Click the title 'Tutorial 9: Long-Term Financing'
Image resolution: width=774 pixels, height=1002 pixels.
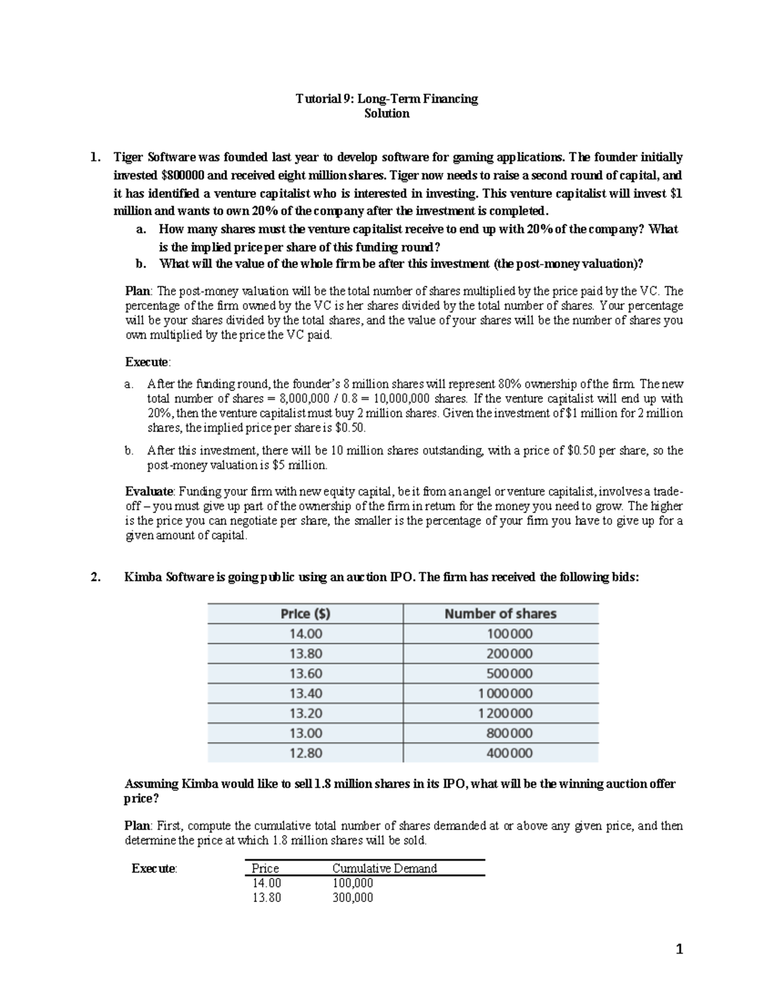point(386,99)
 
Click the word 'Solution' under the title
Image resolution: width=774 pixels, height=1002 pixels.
point(386,114)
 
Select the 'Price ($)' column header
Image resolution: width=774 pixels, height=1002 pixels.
point(305,614)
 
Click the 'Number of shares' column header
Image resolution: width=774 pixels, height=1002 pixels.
point(500,614)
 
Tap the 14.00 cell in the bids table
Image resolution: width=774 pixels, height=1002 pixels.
point(305,634)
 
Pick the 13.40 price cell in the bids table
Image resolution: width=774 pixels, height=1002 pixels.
point(305,693)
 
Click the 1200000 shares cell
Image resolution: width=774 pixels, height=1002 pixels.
point(505,713)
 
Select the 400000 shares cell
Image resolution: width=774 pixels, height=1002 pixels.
point(509,753)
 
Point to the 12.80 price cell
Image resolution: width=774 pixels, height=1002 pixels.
point(305,753)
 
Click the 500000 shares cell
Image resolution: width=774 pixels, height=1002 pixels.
point(509,674)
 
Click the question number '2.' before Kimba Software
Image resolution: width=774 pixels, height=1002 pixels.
point(95,577)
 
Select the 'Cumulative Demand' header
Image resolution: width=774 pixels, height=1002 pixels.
point(384,868)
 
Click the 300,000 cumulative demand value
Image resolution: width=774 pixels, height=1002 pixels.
point(352,897)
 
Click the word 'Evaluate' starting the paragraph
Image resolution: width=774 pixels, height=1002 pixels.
point(148,491)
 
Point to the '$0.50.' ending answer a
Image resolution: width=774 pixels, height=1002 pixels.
point(359,428)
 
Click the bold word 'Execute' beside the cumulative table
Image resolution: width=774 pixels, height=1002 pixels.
point(153,868)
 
